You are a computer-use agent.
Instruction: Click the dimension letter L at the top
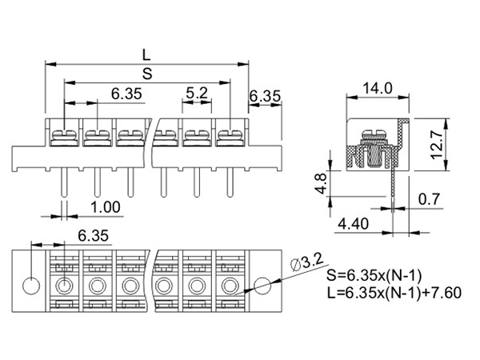(x=146, y=55)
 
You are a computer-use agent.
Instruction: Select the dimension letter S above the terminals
(x=147, y=74)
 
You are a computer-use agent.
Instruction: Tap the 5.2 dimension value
(x=197, y=93)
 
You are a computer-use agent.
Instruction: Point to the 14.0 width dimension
(x=377, y=89)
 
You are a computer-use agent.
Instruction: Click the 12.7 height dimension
(x=437, y=144)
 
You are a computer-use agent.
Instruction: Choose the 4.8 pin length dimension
(x=322, y=184)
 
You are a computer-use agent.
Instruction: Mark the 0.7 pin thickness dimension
(x=429, y=199)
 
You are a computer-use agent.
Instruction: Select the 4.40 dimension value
(x=353, y=224)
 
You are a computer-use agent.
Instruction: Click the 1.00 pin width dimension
(x=106, y=207)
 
